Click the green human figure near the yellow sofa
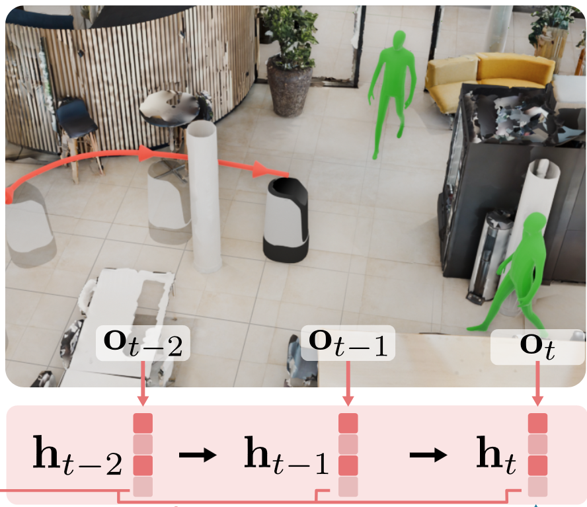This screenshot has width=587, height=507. click(x=393, y=86)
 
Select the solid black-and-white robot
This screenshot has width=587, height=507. click(x=286, y=220)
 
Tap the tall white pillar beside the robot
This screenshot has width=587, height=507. click(x=204, y=196)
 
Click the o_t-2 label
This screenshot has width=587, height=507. click(x=143, y=343)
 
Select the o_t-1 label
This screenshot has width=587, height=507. click(x=348, y=342)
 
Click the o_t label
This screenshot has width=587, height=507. click(x=537, y=347)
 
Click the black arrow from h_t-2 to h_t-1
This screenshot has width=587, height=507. click(x=198, y=455)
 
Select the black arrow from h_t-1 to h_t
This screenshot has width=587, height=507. click(x=428, y=455)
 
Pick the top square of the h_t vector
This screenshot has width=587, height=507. click(x=537, y=423)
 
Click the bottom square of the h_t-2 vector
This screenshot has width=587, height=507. click(x=143, y=487)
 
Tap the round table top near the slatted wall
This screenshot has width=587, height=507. click(x=171, y=106)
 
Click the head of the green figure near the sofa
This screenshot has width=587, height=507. click(x=399, y=40)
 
